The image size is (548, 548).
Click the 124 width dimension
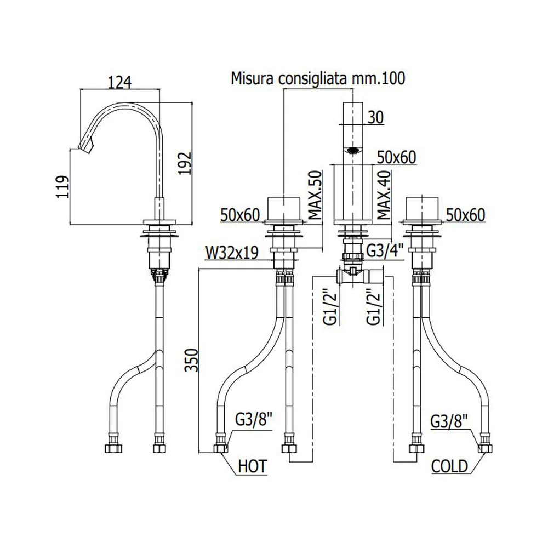point(119,83)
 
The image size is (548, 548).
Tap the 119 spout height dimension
point(63,187)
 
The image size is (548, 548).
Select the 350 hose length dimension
point(191,360)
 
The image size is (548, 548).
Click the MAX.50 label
point(315,195)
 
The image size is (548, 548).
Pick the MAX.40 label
point(384,195)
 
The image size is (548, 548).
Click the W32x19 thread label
point(232,253)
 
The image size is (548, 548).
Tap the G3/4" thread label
point(385,250)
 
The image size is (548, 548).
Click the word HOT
point(252,466)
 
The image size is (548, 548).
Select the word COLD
point(449,466)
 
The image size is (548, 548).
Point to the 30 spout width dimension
point(376,117)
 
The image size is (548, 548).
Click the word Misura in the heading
point(252,78)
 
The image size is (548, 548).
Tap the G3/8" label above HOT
point(253,420)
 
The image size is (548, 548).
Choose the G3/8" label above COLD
point(449,422)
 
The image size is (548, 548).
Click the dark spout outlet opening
point(353,151)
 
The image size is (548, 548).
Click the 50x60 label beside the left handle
point(240,215)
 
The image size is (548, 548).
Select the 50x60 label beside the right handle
point(465,215)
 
